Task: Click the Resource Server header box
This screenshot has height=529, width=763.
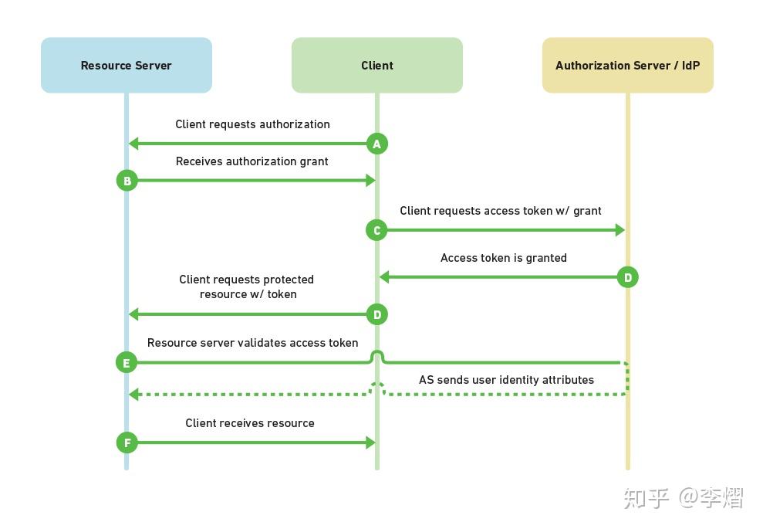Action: click(126, 66)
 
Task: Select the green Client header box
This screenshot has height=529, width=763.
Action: click(376, 66)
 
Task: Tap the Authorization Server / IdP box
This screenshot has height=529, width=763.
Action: click(627, 66)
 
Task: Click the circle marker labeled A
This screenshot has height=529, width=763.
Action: click(376, 144)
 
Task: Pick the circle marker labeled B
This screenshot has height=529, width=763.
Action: click(127, 181)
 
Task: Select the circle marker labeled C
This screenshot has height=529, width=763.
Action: click(376, 230)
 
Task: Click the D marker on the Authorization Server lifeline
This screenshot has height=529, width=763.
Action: click(627, 277)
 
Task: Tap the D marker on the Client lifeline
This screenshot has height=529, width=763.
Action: click(376, 314)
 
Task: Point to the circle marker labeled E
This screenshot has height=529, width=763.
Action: click(127, 362)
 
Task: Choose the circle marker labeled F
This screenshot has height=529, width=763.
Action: click(127, 443)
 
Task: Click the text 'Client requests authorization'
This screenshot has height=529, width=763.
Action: click(252, 124)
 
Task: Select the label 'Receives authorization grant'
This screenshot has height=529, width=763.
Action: click(252, 161)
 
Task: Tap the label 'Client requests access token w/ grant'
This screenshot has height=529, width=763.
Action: click(500, 211)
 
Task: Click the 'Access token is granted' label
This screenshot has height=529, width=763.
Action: click(503, 258)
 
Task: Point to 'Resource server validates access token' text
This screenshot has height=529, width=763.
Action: click(252, 343)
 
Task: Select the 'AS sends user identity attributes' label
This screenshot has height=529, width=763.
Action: click(506, 380)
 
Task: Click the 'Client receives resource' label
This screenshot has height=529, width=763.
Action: click(249, 423)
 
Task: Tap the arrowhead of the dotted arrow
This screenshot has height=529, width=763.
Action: click(134, 395)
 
